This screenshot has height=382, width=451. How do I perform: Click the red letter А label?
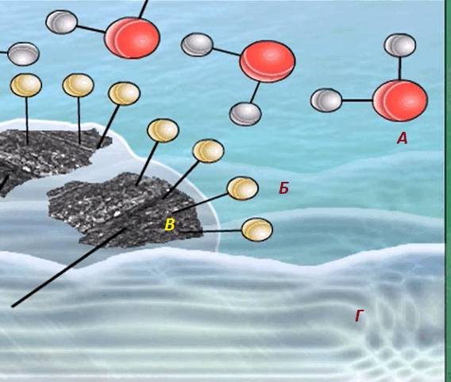(x=402, y=138)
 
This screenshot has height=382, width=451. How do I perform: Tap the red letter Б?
(x=283, y=188)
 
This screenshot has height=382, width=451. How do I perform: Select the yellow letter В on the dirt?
(x=169, y=225)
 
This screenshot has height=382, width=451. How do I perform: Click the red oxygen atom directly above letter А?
(x=400, y=101)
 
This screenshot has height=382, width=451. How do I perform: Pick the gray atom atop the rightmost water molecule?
(x=400, y=45)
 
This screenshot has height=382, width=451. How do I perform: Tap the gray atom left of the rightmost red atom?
(x=326, y=100)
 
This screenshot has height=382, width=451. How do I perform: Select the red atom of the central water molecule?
(x=268, y=61)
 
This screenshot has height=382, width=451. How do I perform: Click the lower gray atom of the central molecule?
(x=245, y=114)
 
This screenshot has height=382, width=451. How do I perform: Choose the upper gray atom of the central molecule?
(x=197, y=44)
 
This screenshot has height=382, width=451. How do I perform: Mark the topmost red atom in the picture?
(x=132, y=37)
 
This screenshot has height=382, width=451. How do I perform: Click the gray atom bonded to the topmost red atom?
(x=62, y=22)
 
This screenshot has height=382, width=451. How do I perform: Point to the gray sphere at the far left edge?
(x=23, y=54)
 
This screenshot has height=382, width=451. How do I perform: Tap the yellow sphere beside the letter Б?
(x=243, y=188)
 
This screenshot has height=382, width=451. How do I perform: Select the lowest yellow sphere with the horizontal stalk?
(x=256, y=230)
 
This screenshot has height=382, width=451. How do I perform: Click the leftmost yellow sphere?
(x=26, y=85)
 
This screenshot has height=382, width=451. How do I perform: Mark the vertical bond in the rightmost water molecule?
(x=400, y=68)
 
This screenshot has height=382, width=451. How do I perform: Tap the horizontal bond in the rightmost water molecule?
(x=357, y=100)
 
